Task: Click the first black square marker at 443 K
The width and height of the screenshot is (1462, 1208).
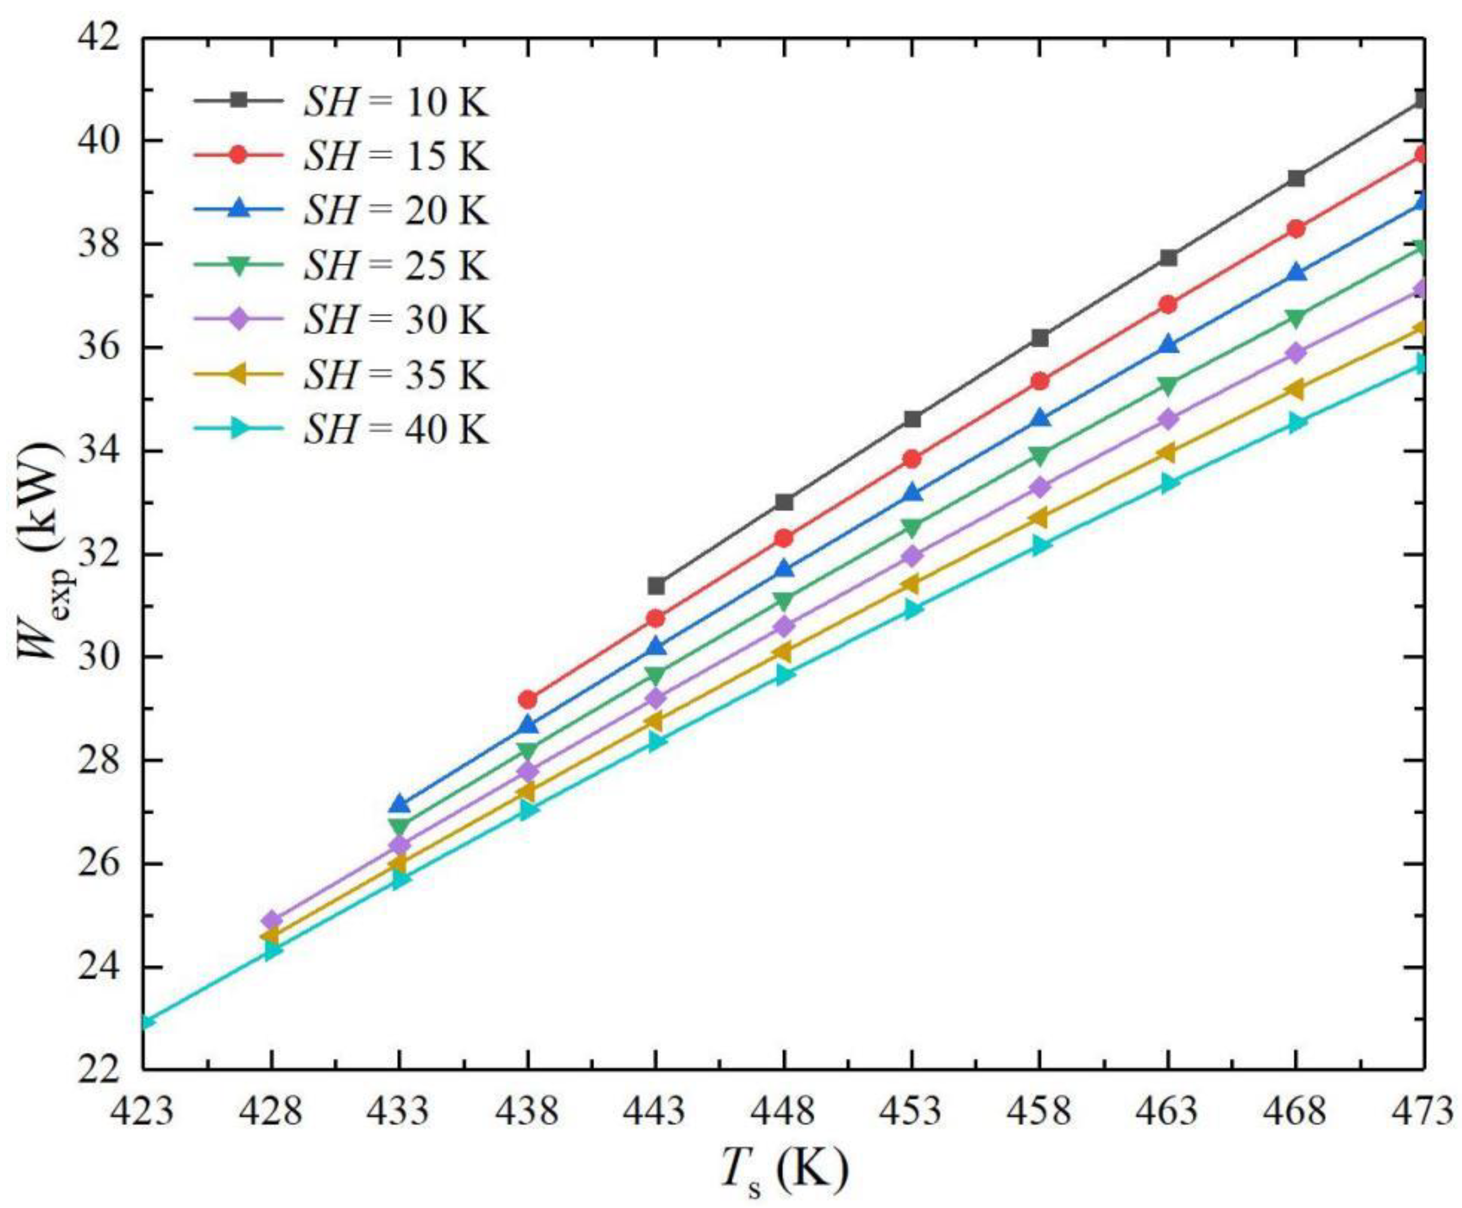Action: tap(656, 586)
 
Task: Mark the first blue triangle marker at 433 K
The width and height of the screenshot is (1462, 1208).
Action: tap(399, 804)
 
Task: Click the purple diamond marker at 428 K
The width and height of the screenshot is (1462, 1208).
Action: tap(271, 920)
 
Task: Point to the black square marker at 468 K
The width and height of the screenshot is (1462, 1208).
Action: tap(1296, 178)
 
